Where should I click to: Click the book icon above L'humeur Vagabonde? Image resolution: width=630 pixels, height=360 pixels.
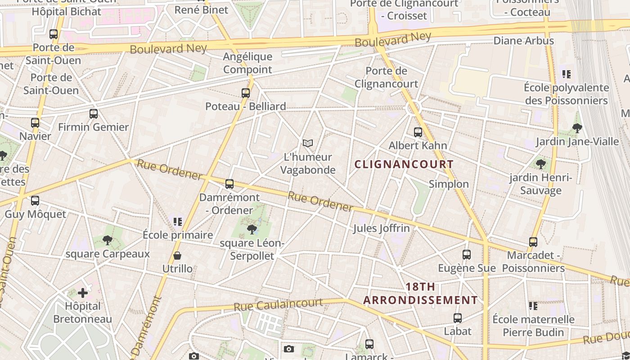(308, 143)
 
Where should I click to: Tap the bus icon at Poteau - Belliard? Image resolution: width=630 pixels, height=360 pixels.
(245, 93)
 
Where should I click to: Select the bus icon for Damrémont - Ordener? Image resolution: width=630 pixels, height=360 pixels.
(229, 184)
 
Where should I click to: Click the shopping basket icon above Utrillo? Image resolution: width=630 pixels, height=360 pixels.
(177, 256)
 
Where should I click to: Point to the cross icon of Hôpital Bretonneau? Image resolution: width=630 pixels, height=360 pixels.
(83, 293)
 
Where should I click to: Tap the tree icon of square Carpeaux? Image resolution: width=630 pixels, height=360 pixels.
(107, 240)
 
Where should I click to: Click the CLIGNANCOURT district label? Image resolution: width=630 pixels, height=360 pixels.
(404, 164)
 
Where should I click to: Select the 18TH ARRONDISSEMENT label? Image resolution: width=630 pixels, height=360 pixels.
(420, 293)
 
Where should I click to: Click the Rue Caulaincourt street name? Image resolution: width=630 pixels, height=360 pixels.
(278, 305)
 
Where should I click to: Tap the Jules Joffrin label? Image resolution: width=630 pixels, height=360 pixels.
(381, 228)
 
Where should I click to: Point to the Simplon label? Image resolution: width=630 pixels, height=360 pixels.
(449, 184)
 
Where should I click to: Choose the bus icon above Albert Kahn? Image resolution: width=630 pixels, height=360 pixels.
(418, 132)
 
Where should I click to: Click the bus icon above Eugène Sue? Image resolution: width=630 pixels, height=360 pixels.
(467, 255)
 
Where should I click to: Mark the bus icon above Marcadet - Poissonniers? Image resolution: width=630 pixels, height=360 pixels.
(533, 242)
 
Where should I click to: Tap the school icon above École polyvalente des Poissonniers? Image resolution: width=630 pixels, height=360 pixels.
(566, 74)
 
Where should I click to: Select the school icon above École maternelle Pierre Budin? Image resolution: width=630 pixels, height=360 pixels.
(533, 306)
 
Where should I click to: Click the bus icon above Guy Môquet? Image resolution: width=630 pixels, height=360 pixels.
(35, 201)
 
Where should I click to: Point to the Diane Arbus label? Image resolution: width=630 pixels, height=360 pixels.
(524, 41)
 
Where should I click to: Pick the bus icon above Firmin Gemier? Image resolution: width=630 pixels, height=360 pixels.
(94, 114)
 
